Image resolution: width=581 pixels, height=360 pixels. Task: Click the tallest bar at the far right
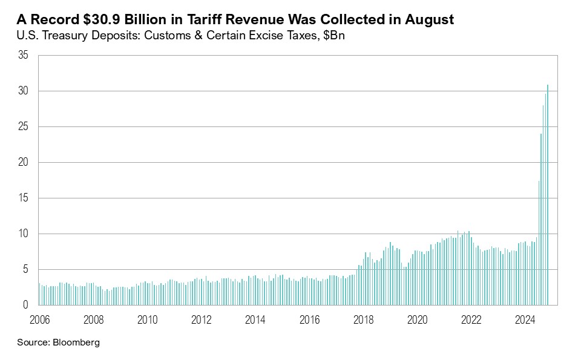click(548, 194)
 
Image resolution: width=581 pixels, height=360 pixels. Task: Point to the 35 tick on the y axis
click(24, 56)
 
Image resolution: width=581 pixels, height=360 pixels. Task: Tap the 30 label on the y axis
click(24, 91)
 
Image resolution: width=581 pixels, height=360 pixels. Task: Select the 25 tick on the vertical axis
click(24, 127)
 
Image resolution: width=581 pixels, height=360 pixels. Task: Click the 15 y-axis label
click(24, 198)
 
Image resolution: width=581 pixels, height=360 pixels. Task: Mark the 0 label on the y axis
click(26, 306)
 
